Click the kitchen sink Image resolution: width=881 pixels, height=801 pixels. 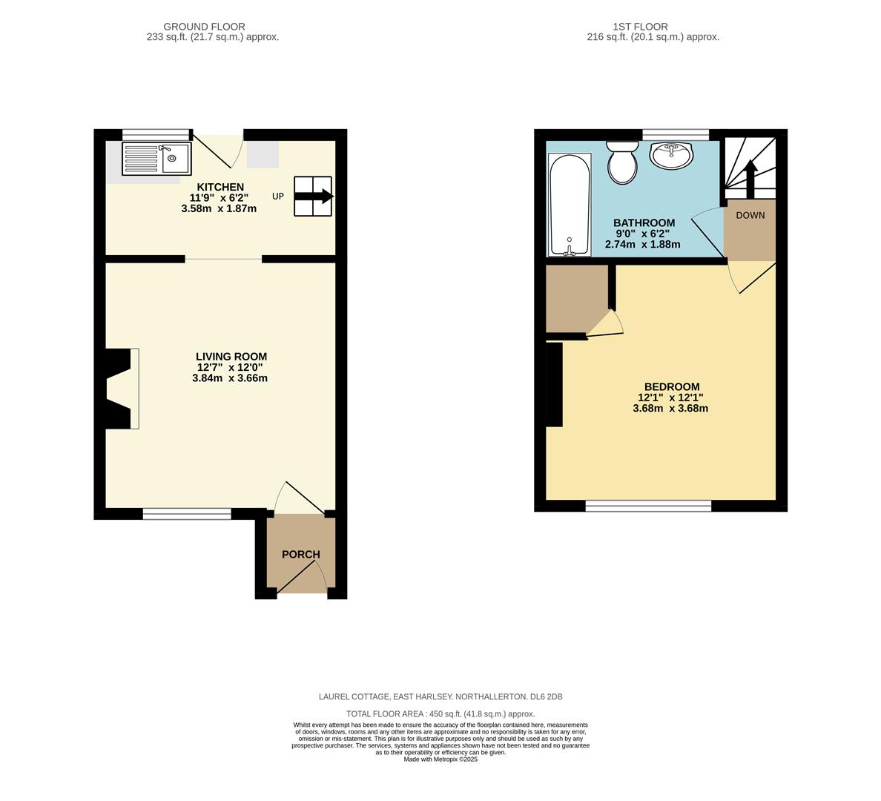click(x=156, y=159)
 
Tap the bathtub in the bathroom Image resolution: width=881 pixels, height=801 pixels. click(x=570, y=205)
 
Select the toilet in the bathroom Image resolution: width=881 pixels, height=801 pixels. click(x=622, y=162)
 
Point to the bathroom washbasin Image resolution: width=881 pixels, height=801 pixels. click(x=672, y=155)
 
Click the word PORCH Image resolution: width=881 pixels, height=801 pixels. click(x=301, y=555)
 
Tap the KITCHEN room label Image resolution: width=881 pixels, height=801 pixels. click(x=220, y=187)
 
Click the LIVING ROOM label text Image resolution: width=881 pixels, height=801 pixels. click(x=231, y=357)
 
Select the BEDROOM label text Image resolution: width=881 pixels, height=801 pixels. click(x=672, y=387)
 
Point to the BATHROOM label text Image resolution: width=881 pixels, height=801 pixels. click(x=644, y=223)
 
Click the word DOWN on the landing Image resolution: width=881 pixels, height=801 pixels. click(x=750, y=216)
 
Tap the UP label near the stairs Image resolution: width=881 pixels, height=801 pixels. click(x=278, y=197)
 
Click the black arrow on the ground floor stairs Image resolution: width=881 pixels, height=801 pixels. click(x=314, y=197)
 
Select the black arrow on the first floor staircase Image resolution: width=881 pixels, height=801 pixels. click(x=750, y=178)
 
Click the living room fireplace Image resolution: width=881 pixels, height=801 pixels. click(x=122, y=389)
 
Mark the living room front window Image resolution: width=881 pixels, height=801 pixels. click(x=187, y=513)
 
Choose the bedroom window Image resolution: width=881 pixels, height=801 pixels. click(x=648, y=507)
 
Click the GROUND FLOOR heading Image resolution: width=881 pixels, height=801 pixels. click(x=204, y=27)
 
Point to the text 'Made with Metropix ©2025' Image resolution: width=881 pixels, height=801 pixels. click(x=440, y=759)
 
